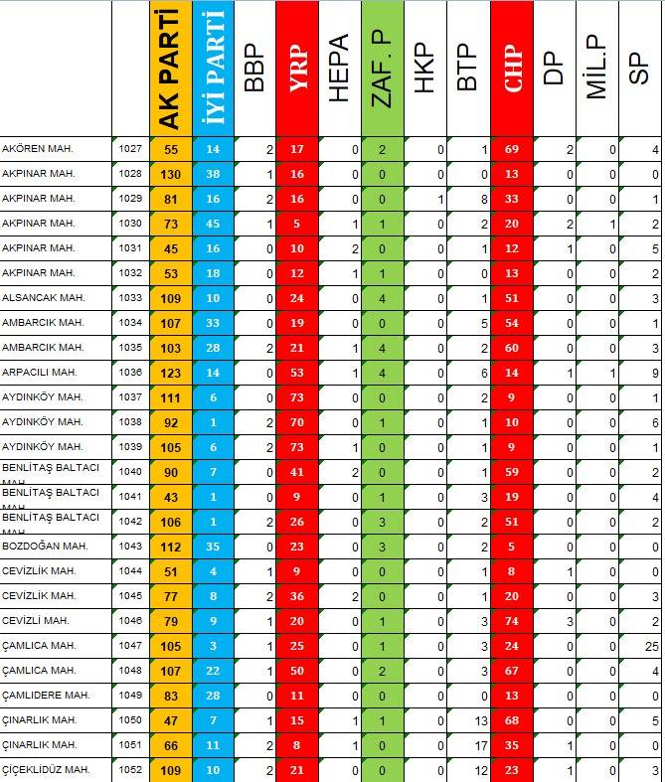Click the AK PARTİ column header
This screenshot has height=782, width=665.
171,68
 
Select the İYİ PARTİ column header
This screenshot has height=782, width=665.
213,68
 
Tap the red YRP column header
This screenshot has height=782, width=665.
297,68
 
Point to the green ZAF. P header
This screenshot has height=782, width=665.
383,68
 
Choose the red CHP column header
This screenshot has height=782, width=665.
512,68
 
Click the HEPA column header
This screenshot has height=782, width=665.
339,68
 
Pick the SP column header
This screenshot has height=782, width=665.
640,68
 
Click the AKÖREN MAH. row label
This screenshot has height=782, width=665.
40,149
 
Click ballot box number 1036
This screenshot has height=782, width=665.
130,372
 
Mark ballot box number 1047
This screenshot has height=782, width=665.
130,645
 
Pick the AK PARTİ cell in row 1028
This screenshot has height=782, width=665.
171,174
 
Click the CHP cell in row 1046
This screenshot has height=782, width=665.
512,620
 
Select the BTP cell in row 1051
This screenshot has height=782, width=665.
468,744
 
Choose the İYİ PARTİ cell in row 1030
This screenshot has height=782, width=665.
213,224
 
